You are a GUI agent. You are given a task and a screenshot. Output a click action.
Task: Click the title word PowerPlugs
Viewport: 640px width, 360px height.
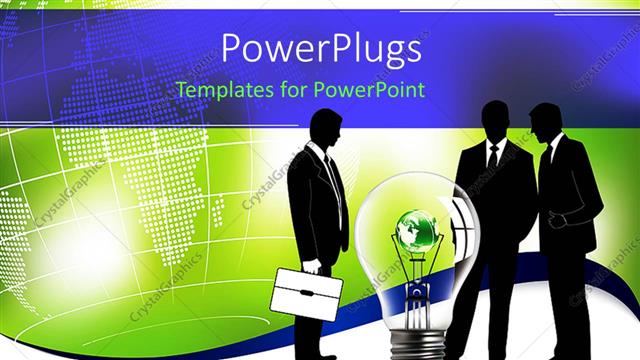point(319,46)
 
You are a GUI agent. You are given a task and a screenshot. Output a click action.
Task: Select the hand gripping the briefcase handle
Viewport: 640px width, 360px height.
point(313,266)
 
